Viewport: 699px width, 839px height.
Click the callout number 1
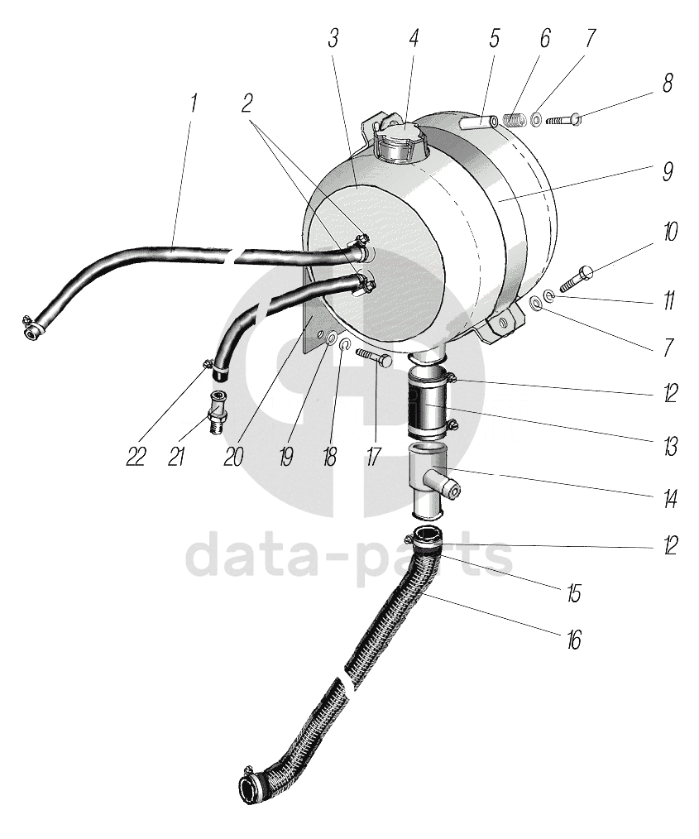click(194, 103)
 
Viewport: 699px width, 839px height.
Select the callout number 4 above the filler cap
click(414, 39)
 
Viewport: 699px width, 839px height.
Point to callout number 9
click(668, 172)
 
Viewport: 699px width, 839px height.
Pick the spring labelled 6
click(515, 121)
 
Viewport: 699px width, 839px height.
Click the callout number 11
click(667, 300)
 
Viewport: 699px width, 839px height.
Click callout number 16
click(573, 639)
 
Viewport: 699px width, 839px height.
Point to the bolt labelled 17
click(376, 357)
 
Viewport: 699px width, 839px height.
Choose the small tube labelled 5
click(479, 122)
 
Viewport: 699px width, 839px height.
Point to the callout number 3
click(333, 39)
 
